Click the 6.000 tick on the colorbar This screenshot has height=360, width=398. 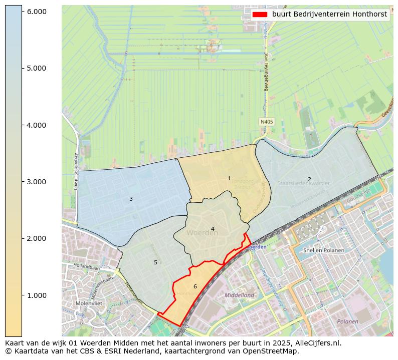(x=36, y=11)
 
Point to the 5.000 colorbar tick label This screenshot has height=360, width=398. (x=36, y=68)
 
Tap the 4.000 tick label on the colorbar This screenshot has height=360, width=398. (x=36, y=125)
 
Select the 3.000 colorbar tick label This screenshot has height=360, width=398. (x=36, y=181)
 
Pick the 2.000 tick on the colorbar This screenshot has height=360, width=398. (x=36, y=238)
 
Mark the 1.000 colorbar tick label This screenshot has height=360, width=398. (x=36, y=295)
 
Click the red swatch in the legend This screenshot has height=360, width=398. (x=260, y=15)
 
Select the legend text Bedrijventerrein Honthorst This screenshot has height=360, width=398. (x=329, y=15)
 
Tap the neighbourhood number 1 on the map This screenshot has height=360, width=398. (x=229, y=178)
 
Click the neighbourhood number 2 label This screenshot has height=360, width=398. (x=309, y=179)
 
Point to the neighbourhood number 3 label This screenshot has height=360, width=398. (x=131, y=199)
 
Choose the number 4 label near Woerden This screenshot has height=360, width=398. (x=213, y=229)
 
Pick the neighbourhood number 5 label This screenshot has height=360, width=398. (x=155, y=262)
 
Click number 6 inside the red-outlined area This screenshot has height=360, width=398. (x=195, y=286)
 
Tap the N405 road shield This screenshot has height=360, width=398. (x=266, y=122)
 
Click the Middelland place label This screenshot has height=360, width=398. (x=239, y=295)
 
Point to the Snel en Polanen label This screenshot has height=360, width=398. (x=324, y=250)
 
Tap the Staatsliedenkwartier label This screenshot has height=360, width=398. (x=304, y=184)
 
